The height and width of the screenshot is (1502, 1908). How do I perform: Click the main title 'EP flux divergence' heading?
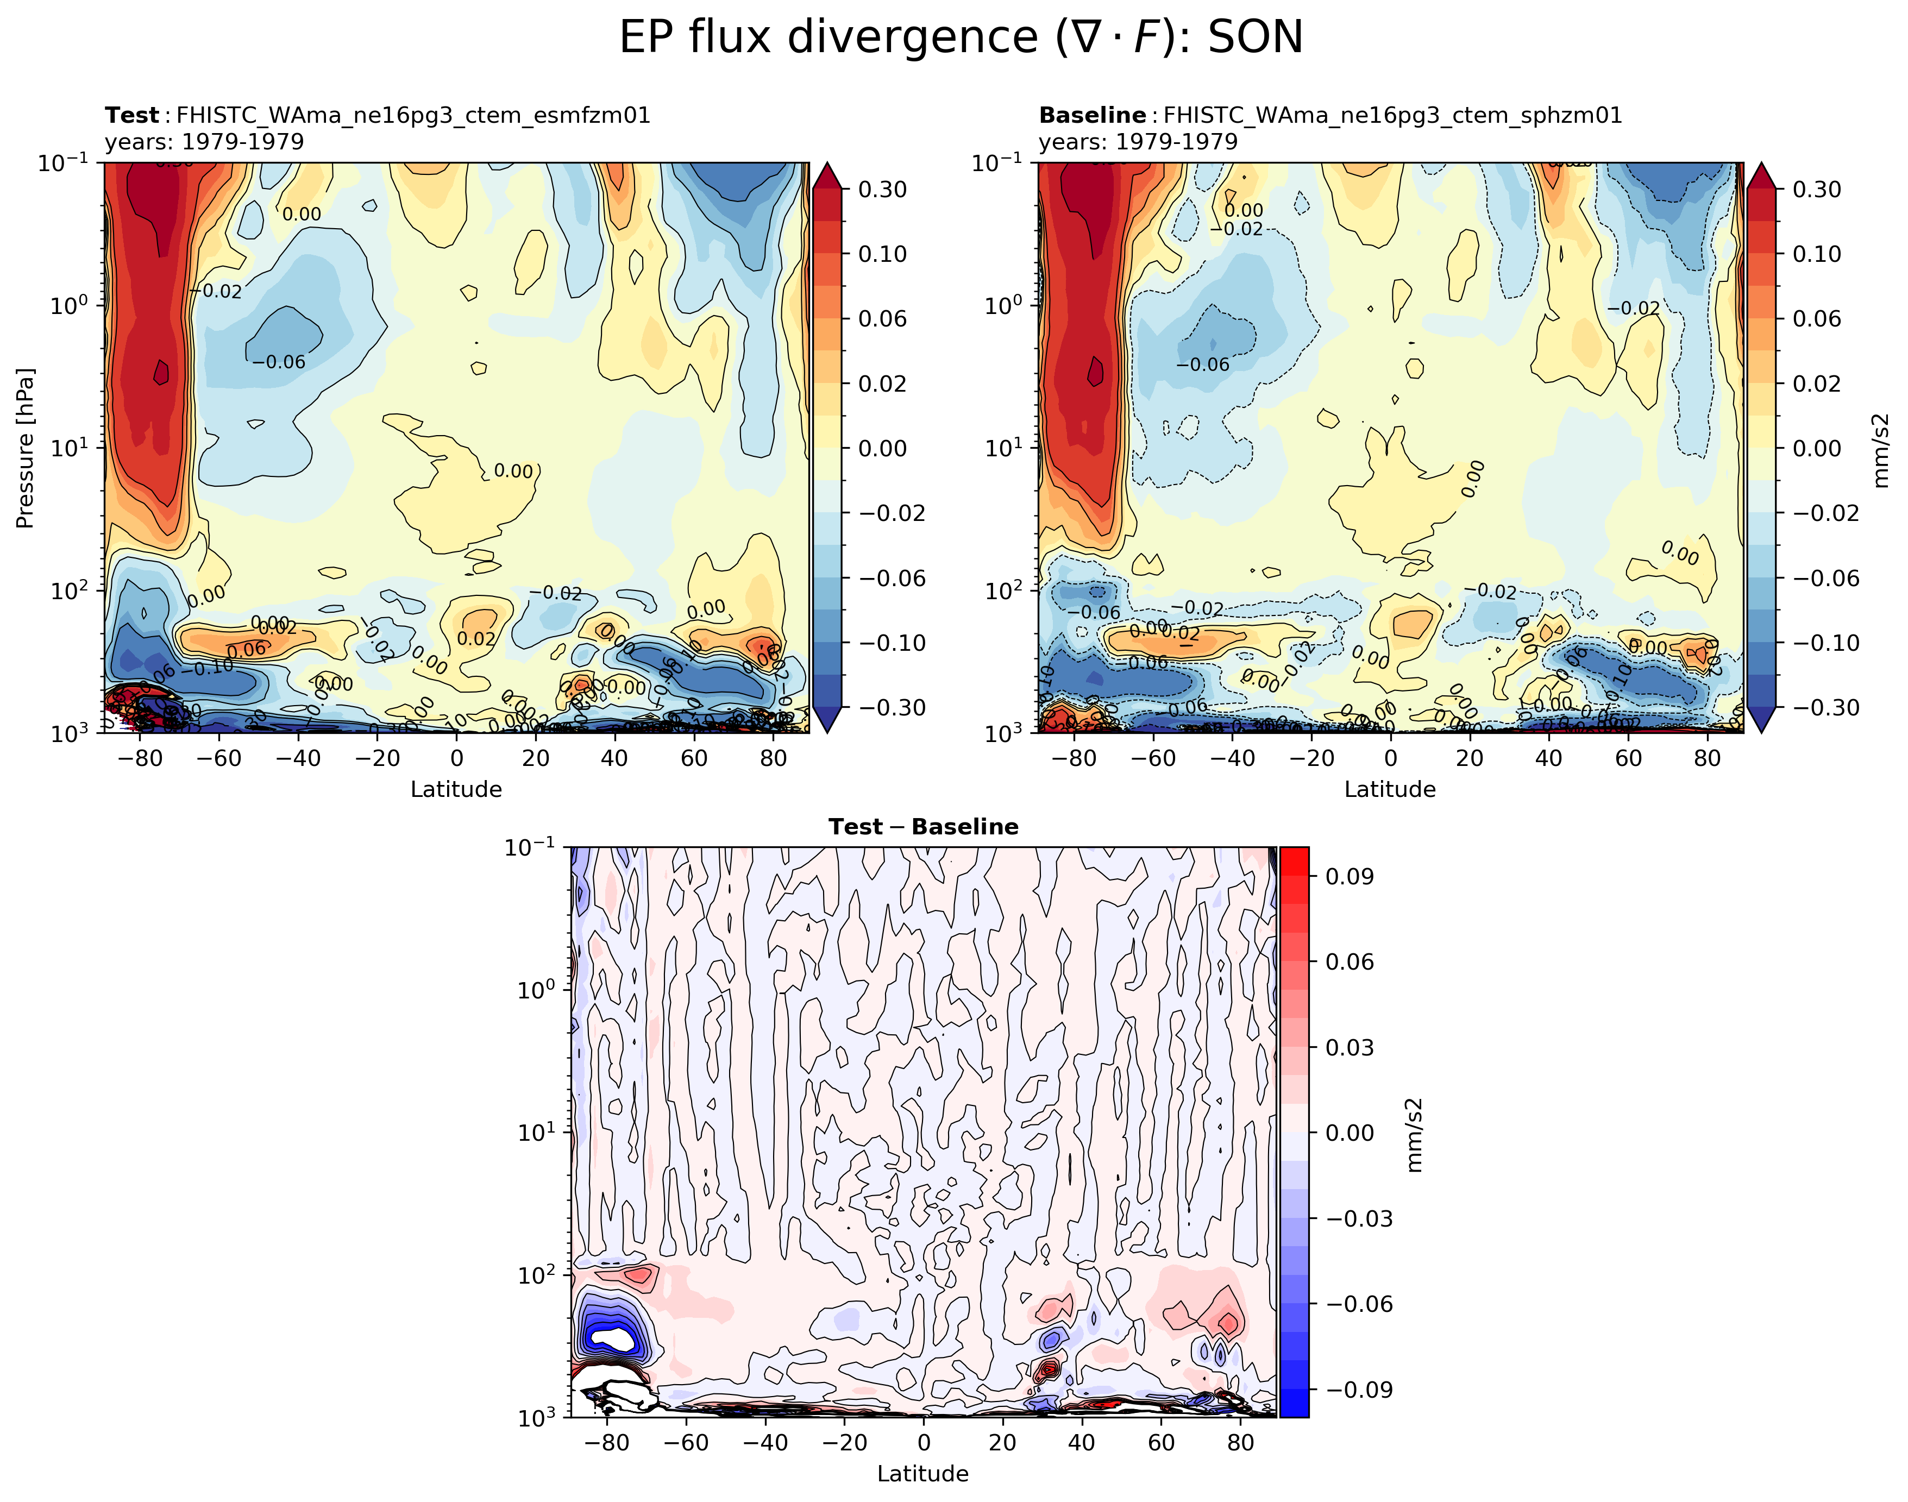coord(960,38)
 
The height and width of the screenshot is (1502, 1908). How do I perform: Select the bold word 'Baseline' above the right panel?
coord(1092,115)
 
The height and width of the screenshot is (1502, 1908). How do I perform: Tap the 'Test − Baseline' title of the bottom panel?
coord(923,827)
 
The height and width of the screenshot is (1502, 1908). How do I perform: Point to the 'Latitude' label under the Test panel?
coord(456,789)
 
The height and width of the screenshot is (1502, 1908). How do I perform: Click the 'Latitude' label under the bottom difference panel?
coord(923,1473)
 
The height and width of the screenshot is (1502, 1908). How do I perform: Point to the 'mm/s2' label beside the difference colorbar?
coord(1414,1134)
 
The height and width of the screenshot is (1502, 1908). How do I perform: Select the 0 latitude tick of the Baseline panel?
coord(1390,758)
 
